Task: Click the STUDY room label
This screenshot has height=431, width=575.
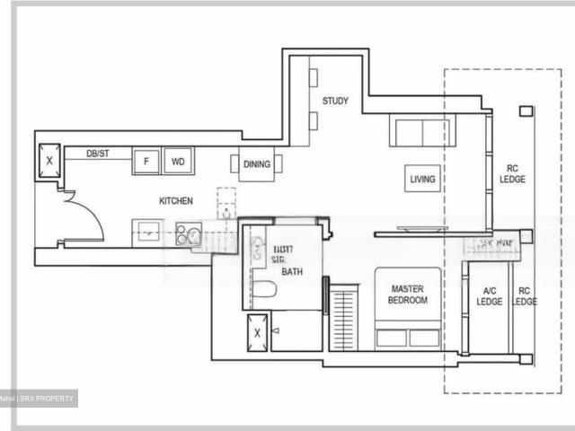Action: click(x=335, y=101)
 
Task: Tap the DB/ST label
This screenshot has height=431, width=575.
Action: click(x=99, y=154)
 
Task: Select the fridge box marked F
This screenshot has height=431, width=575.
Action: click(x=146, y=162)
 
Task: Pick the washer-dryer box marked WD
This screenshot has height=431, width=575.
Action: click(x=178, y=162)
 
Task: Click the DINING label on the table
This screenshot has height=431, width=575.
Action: click(x=257, y=164)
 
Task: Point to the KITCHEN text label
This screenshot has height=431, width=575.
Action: click(x=176, y=201)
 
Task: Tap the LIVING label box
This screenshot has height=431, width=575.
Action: click(x=422, y=180)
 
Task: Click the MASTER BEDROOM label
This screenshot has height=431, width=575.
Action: click(x=409, y=295)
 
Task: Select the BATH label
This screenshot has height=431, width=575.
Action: click(x=292, y=271)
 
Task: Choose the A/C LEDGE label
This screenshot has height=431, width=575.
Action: click(x=489, y=295)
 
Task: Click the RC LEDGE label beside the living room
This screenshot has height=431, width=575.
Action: click(x=514, y=173)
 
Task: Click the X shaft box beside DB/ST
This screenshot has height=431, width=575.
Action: click(x=49, y=162)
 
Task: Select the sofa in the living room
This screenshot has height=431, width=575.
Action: click(x=422, y=131)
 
